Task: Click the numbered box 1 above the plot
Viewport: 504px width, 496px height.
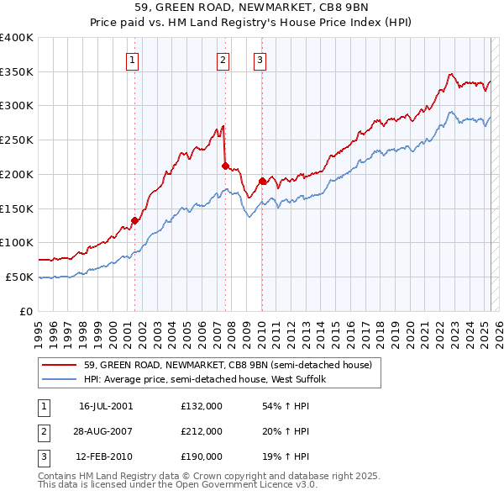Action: click(134, 60)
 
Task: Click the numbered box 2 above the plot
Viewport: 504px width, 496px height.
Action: click(223, 60)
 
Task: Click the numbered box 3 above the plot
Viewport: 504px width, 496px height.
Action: click(260, 60)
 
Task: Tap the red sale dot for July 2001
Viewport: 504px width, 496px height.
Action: click(134, 220)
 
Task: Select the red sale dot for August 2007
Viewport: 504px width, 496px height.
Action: click(225, 166)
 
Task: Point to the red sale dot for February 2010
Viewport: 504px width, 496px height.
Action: click(262, 181)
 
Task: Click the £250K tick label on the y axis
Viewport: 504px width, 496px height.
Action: click(17, 140)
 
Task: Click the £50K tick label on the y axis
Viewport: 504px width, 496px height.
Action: click(20, 277)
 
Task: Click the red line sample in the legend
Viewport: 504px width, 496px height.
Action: click(59, 364)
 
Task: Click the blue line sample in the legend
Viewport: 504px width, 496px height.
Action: click(59, 379)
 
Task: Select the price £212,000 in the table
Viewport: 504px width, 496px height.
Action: click(201, 431)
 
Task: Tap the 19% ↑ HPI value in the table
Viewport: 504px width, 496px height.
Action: click(291, 457)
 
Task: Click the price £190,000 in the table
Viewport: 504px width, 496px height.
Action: click(201, 457)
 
